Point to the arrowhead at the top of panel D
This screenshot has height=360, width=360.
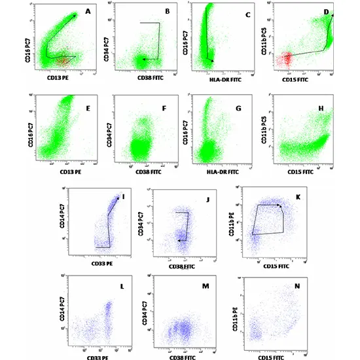tap(332, 14)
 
